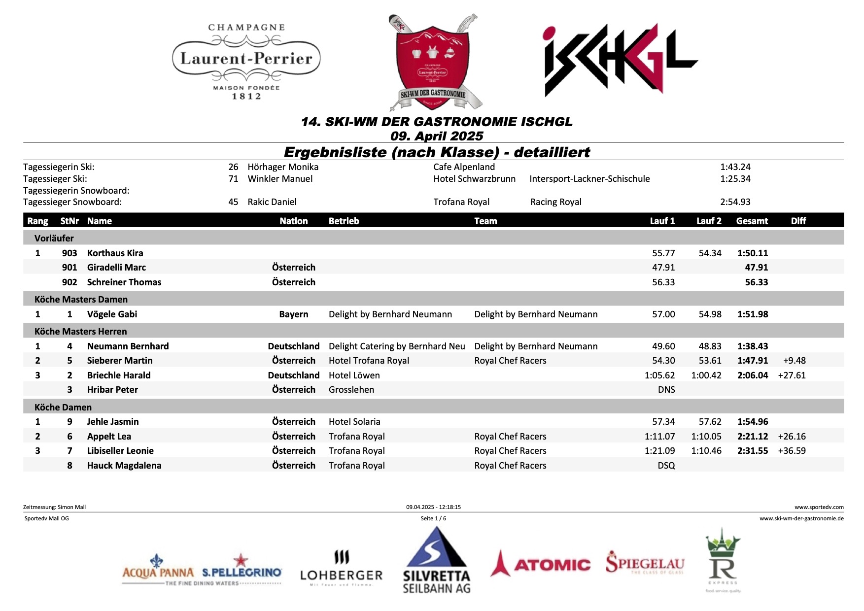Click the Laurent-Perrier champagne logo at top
246,61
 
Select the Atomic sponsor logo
541,564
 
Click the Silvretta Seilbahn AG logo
436,561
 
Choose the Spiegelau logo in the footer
645,563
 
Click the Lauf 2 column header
708,221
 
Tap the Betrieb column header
344,221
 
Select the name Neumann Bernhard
128,346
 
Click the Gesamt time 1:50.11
752,253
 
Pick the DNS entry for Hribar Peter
666,390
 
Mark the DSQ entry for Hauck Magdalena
666,466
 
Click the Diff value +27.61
792,375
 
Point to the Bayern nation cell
293,314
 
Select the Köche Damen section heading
63,407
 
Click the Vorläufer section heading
54,238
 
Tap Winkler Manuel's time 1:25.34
735,179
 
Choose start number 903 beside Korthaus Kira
69,253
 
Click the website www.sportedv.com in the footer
819,507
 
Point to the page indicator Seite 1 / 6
433,518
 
